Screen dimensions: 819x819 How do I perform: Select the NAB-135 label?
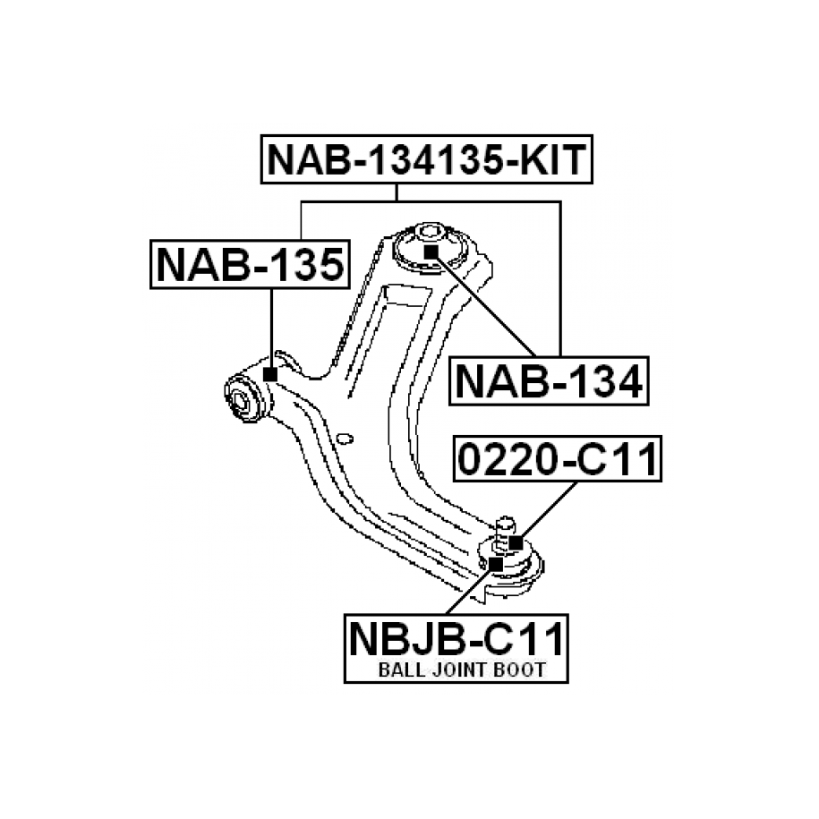(x=250, y=265)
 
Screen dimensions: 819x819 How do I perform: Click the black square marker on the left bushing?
(x=269, y=374)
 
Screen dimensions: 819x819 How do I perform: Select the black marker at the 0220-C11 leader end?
(x=516, y=542)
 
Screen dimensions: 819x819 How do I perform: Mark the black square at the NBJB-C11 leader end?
(x=496, y=564)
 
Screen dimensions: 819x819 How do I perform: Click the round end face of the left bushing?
(x=240, y=399)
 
